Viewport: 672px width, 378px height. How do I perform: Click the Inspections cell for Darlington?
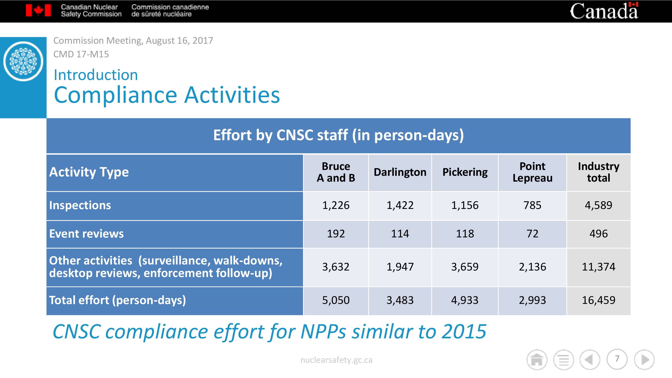point(400,205)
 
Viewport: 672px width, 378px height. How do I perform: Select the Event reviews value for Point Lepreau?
point(532,234)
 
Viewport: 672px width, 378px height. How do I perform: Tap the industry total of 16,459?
point(599,300)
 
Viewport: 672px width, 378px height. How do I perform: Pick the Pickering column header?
point(465,172)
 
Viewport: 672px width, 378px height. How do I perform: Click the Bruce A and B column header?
point(336,172)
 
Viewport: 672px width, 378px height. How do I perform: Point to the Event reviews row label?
point(86,234)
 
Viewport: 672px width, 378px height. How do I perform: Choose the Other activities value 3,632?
point(336,267)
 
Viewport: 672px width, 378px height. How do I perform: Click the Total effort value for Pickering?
point(465,300)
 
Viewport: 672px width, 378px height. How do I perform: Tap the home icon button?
point(537,360)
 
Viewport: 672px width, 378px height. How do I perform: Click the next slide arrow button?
point(644,360)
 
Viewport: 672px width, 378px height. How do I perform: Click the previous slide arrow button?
point(590,360)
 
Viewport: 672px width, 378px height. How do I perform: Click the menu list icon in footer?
point(564,360)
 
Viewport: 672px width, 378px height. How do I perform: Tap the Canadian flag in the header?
point(38,11)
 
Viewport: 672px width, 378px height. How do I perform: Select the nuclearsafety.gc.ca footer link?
point(336,360)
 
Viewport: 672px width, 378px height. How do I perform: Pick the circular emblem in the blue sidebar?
point(23,61)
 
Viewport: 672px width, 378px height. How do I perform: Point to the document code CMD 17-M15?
point(81,54)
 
